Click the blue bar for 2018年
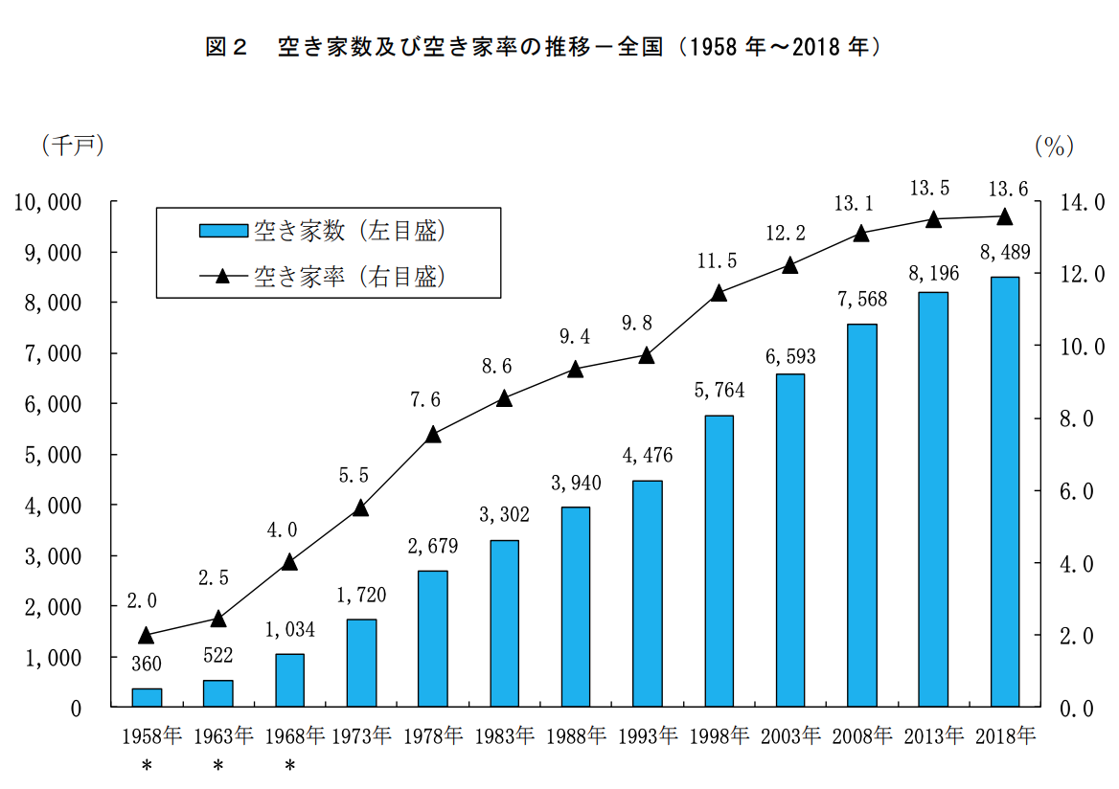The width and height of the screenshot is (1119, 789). (1004, 492)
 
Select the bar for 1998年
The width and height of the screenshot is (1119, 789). (719, 561)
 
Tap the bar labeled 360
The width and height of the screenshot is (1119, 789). (147, 697)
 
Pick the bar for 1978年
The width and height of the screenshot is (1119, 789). (433, 639)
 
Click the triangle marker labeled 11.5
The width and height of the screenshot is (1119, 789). (719, 293)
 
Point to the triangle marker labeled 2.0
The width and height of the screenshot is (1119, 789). (147, 635)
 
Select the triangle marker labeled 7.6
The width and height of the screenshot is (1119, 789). (433, 434)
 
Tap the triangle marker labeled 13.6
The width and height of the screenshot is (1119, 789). (1004, 216)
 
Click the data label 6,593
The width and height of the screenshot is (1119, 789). (789, 356)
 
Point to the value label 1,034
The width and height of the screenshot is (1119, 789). (289, 629)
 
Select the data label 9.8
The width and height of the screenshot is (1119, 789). (647, 323)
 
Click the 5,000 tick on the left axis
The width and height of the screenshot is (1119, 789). (57, 455)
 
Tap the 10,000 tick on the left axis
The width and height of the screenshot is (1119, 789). (52, 202)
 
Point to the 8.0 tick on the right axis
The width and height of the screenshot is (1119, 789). (1081, 418)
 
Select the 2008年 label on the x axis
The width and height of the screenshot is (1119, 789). (861, 735)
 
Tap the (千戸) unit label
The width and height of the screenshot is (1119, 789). (72, 145)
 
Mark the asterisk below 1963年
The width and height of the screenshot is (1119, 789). (218, 766)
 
